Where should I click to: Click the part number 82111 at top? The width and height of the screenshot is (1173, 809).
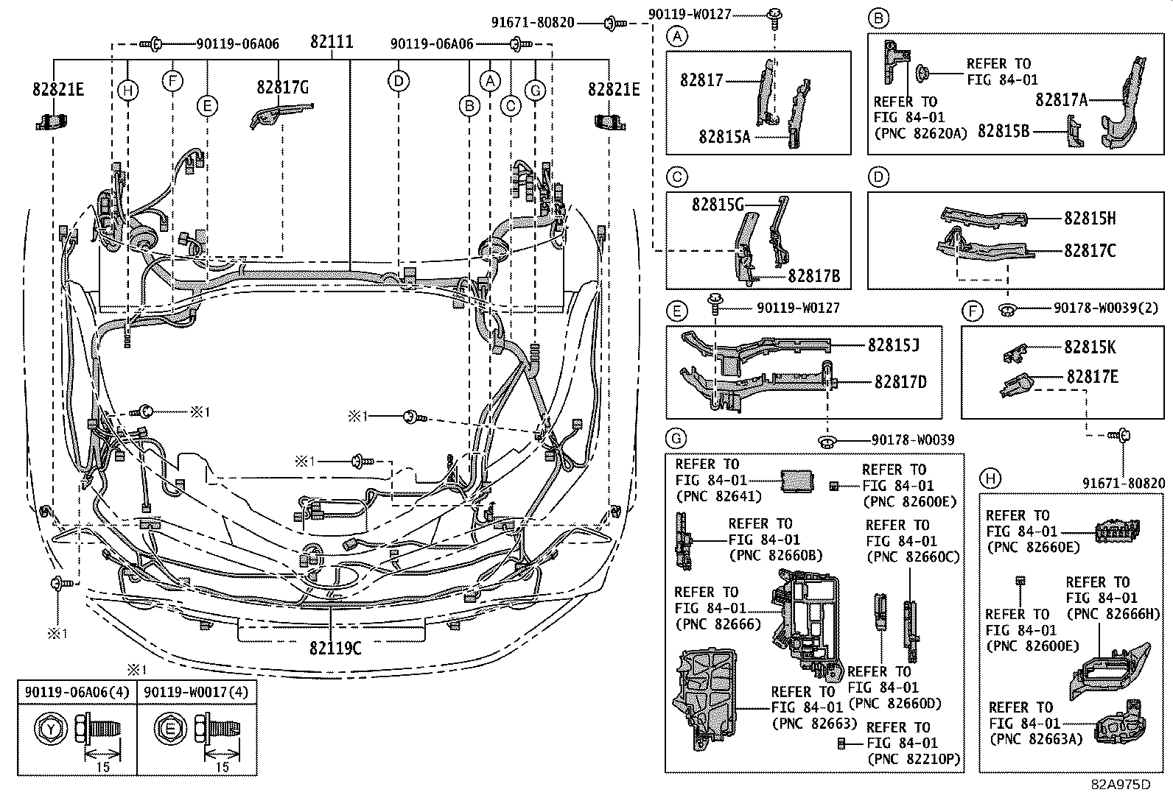click(x=331, y=42)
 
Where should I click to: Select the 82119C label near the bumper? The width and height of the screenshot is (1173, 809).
click(x=335, y=648)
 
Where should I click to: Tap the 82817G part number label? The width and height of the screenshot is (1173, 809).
click(x=282, y=88)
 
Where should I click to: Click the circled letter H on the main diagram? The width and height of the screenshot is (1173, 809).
click(x=127, y=91)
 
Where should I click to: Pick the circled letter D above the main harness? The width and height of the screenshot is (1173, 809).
click(x=398, y=81)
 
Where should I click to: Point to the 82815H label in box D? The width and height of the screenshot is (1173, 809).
click(x=1089, y=219)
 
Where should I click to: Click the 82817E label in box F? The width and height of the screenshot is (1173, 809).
click(x=1092, y=377)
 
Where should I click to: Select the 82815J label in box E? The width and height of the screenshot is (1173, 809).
click(x=893, y=345)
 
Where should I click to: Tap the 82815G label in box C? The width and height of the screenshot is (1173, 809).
click(x=718, y=205)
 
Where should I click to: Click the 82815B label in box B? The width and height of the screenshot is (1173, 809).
click(x=1003, y=131)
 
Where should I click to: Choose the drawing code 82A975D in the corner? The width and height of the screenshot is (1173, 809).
click(x=1120, y=784)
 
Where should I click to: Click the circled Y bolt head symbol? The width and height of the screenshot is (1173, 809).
click(x=50, y=729)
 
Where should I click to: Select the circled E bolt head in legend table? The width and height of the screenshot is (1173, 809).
click(x=169, y=729)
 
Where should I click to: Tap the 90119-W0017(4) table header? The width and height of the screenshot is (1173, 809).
click(x=197, y=692)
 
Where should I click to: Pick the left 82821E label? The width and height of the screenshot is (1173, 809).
click(x=58, y=89)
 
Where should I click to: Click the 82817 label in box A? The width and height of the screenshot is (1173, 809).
click(x=701, y=80)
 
